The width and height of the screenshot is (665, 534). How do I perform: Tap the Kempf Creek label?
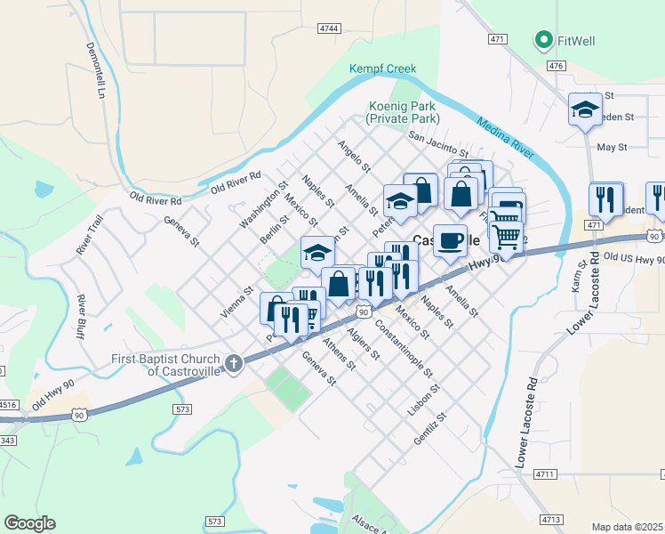(382, 69)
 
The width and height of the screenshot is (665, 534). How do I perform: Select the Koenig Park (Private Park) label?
(405, 112)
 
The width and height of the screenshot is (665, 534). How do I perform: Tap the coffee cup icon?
(452, 240)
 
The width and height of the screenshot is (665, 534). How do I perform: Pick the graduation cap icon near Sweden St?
(585, 109)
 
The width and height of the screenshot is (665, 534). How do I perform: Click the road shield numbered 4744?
(329, 28)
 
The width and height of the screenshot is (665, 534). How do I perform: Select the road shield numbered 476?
(557, 66)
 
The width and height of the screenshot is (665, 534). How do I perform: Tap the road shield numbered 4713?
(551, 518)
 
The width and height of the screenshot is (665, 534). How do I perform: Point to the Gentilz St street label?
(428, 429)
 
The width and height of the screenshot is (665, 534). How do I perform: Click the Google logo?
(29, 523)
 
